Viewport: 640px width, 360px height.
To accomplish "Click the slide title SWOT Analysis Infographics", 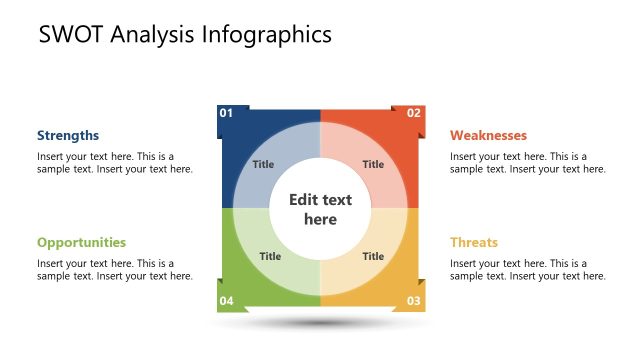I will click(185, 35).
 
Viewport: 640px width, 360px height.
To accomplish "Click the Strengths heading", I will click(68, 135).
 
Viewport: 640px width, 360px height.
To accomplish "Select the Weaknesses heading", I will click(488, 135).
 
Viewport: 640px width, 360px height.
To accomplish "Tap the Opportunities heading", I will click(82, 242).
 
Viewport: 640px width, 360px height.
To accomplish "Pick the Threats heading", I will click(474, 242).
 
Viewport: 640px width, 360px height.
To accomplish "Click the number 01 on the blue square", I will click(226, 113).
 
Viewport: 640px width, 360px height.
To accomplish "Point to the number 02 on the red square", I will click(414, 113).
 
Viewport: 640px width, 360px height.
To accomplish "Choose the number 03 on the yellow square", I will click(414, 301).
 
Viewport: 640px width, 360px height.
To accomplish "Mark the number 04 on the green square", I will click(226, 301).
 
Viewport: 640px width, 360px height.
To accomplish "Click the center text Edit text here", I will click(320, 209).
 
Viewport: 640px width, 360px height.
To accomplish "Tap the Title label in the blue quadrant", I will click(263, 165).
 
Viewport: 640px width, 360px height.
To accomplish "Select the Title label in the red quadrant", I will click(373, 165).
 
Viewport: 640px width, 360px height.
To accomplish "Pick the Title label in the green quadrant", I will click(270, 256).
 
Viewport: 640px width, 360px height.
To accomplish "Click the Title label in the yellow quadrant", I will click(373, 256).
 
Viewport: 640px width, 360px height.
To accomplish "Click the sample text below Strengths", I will click(115, 163).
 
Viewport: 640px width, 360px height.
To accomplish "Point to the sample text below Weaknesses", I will click(528, 163).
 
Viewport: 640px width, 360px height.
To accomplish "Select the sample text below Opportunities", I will click(115, 270).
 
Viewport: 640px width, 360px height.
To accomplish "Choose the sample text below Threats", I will click(528, 270).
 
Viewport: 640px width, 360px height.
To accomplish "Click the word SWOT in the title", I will click(69, 35).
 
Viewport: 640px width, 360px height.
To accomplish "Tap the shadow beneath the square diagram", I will click(320, 323).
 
